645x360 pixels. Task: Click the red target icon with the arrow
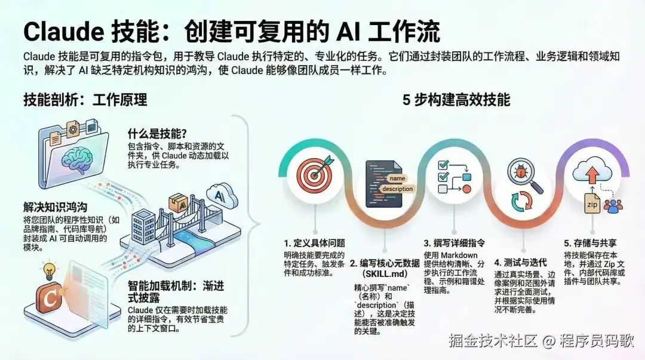pos(315,174)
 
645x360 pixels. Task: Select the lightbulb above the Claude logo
pos(50,271)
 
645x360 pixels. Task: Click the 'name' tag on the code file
pos(397,178)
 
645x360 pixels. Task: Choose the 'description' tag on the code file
pos(397,189)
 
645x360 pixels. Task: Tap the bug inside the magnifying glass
pos(520,174)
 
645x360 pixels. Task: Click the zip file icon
pos(592,203)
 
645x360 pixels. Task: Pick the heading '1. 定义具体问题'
pos(315,243)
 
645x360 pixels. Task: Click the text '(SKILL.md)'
pos(385,274)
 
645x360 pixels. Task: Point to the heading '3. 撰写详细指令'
pos(454,243)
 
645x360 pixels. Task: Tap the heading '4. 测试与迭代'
pos(520,263)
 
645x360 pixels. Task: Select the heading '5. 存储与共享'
pos(590,243)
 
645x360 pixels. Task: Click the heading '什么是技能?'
pos(157,133)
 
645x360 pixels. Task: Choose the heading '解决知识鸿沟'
pos(55,207)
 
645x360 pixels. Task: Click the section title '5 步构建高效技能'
pos(456,100)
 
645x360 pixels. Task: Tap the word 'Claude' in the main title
pos(63,32)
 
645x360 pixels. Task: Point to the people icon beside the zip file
pos(613,206)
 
